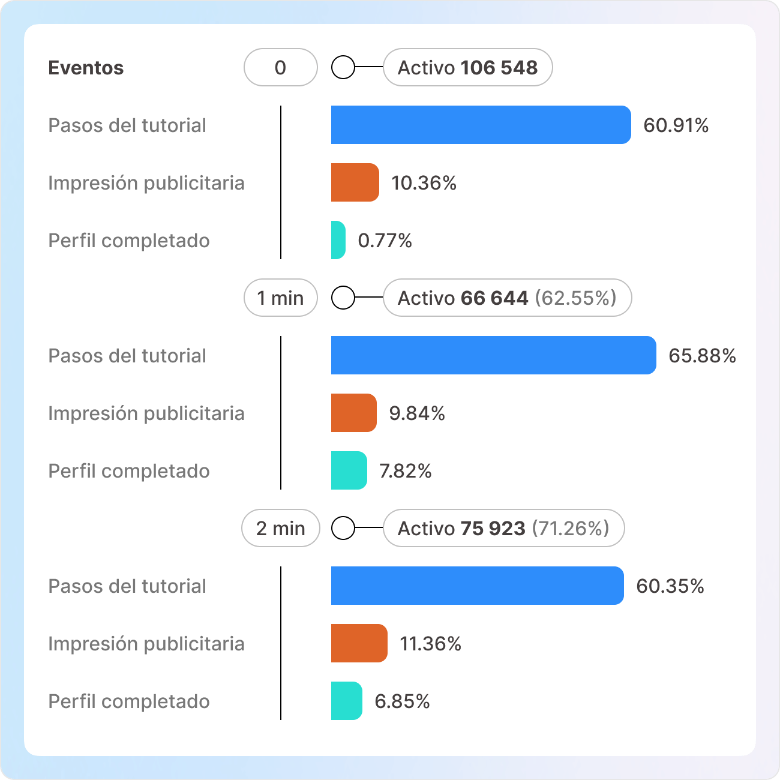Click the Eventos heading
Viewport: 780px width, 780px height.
click(x=86, y=68)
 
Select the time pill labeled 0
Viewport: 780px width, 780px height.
click(x=280, y=67)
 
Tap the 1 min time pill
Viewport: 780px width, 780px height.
click(x=280, y=298)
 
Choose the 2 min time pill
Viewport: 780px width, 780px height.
click(x=280, y=528)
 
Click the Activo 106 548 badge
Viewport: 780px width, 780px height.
click(x=467, y=67)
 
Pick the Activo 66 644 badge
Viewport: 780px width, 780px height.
click(x=507, y=298)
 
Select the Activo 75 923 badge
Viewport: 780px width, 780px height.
click(x=503, y=528)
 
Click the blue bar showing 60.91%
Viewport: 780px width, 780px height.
click(x=481, y=125)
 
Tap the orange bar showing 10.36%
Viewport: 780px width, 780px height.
click(x=355, y=182)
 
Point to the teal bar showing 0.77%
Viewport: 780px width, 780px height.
click(x=338, y=240)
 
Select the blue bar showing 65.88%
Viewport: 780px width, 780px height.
click(x=493, y=355)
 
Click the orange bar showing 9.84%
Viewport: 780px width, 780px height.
click(x=353, y=413)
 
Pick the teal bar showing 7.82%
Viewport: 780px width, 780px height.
click(x=349, y=470)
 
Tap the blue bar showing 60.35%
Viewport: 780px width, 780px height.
click(x=477, y=586)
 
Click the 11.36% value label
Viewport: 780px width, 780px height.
click(x=430, y=644)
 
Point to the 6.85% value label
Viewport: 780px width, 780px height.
click(x=402, y=701)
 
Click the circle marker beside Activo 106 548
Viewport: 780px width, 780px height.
click(x=343, y=67)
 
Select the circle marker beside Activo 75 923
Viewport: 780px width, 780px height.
click(x=343, y=528)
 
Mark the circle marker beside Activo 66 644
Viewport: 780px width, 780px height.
click(x=343, y=298)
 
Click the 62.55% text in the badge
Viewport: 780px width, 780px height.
click(x=575, y=298)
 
